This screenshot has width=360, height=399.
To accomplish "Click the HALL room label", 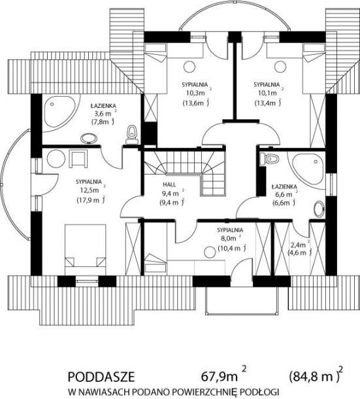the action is tap(169, 184).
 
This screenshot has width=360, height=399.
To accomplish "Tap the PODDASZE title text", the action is tap(101, 377).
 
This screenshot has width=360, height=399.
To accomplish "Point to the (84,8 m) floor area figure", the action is tap(314, 377).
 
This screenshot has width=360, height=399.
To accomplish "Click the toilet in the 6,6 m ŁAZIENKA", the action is tap(269, 159).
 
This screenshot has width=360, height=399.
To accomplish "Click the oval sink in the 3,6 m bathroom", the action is tap(89, 139).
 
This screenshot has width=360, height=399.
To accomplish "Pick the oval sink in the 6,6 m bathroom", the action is tap(319, 209).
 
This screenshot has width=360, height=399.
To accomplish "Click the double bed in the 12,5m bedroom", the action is tap(85, 249).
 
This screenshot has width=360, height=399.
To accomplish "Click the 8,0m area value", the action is tap(227, 239).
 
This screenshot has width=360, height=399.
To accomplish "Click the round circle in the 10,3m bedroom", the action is tap(189, 67).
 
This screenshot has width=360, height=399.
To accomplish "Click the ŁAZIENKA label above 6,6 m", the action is tap(284, 186).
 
